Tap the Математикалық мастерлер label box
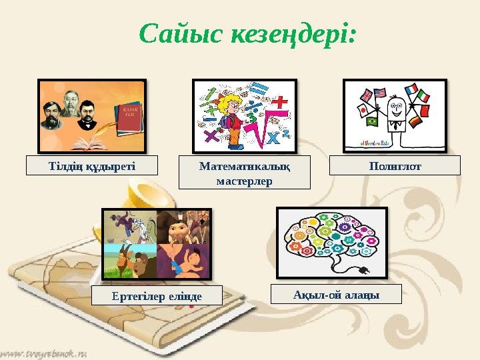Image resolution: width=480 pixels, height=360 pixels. pyautogui.click(x=245, y=173)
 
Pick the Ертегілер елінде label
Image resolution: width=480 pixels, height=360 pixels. pyautogui.click(x=157, y=295)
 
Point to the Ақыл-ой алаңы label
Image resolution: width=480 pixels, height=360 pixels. pyautogui.click(x=337, y=294)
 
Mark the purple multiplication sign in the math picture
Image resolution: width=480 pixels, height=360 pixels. pyautogui.click(x=212, y=137)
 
